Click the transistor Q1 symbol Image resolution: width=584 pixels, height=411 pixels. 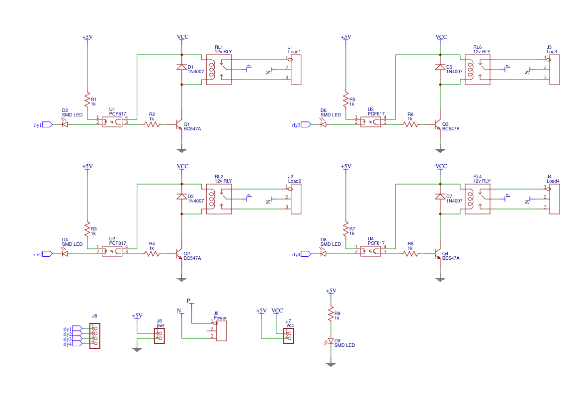(x=179, y=124)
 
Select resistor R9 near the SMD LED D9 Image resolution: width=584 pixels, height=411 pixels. (x=331, y=314)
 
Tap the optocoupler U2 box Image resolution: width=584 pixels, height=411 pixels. (x=112, y=250)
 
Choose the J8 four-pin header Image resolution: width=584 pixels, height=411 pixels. (x=94, y=336)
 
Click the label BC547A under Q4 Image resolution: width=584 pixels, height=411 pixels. (x=450, y=258)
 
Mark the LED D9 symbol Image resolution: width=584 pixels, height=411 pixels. (x=331, y=342)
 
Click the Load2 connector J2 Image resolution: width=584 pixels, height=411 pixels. (x=296, y=199)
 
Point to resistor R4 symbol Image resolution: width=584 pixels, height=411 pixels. (x=152, y=254)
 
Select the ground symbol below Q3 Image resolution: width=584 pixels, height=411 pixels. (x=440, y=149)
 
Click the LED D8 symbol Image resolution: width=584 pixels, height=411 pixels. (x=324, y=254)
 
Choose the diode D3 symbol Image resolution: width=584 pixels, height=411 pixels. (x=182, y=197)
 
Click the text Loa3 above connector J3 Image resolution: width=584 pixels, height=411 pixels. (x=552, y=51)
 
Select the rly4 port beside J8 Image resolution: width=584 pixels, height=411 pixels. (x=77, y=344)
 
